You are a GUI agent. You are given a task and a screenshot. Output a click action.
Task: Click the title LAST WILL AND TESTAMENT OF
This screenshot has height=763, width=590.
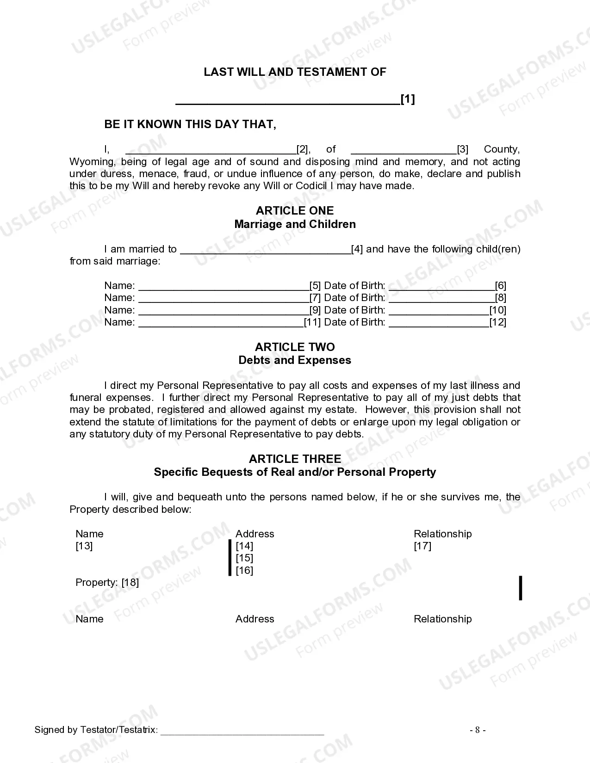295,72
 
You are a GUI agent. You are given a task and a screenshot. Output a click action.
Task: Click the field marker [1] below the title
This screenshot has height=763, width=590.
407,99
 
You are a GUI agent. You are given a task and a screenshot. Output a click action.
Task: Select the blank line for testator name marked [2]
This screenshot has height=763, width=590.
211,150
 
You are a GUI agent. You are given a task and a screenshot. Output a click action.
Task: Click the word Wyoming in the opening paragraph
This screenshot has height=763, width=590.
92,162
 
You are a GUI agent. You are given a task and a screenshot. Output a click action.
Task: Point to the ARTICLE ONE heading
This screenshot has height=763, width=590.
295,211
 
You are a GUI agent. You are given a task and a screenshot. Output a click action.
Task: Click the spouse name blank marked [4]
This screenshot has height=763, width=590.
265,250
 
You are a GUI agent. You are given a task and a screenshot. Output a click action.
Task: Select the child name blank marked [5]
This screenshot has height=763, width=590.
224,286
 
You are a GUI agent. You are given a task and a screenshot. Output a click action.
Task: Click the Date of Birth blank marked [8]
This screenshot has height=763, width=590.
441,298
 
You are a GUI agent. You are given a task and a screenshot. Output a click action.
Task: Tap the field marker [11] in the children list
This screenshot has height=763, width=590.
312,322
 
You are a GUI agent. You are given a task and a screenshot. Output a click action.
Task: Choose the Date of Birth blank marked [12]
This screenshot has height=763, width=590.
439,323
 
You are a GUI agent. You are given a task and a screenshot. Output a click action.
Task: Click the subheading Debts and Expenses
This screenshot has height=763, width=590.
295,361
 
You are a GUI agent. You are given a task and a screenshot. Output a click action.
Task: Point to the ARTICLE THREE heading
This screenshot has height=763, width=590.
295,459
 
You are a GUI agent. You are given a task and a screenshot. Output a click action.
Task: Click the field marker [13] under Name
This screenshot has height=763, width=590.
84,546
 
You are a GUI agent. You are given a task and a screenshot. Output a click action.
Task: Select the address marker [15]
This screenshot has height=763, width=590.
244,558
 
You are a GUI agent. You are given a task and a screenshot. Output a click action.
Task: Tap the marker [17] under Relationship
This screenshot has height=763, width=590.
422,546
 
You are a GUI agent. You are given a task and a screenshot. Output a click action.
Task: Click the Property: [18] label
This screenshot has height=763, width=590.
107,583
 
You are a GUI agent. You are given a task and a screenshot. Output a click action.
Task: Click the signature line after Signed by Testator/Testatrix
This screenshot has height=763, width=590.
242,731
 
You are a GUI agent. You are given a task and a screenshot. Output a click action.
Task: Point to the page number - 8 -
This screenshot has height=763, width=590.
478,730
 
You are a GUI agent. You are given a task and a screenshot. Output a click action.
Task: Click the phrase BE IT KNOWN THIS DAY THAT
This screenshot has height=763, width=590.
190,124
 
